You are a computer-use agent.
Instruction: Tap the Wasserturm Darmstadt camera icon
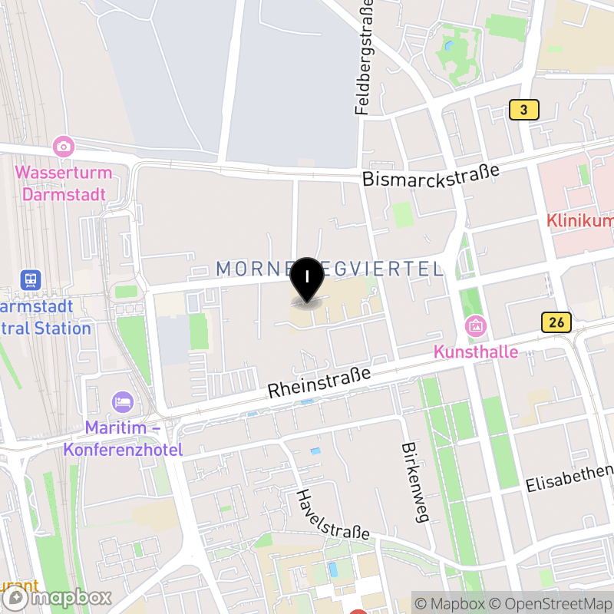pyautogui.click(x=64, y=146)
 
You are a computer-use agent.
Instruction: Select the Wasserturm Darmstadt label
pyautogui.click(x=63, y=183)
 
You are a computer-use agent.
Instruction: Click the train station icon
pyautogui.click(x=31, y=280)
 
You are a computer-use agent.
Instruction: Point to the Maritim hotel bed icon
pyautogui.click(x=122, y=401)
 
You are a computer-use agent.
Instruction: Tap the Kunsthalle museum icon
pyautogui.click(x=476, y=326)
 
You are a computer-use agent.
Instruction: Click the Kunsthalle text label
pyautogui.click(x=476, y=352)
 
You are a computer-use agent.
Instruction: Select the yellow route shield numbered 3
pyautogui.click(x=524, y=111)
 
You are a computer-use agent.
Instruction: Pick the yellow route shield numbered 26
pyautogui.click(x=556, y=322)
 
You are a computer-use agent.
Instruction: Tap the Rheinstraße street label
pyautogui.click(x=319, y=382)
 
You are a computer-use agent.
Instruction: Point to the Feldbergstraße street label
pyautogui.click(x=365, y=58)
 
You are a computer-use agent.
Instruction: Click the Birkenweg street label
pyautogui.click(x=413, y=483)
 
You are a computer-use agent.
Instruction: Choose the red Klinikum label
pyautogui.click(x=579, y=221)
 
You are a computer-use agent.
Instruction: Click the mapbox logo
pyautogui.click(x=58, y=597)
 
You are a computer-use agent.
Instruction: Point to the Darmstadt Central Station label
pyautogui.click(x=46, y=317)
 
